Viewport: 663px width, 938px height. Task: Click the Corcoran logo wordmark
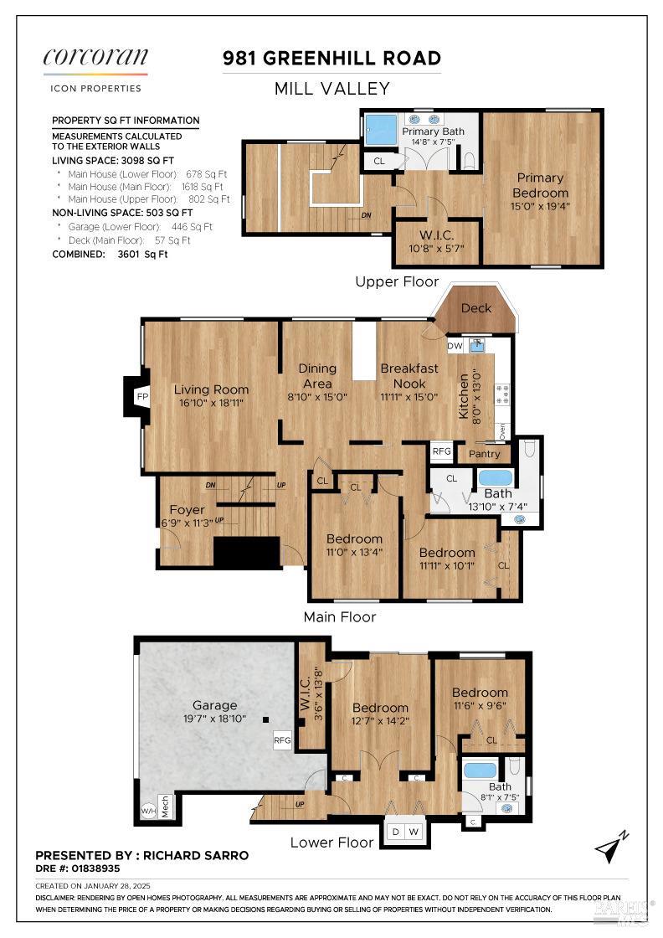coord(95,58)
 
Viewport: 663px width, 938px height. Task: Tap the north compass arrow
coord(611,848)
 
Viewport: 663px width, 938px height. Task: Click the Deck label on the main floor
coord(476,308)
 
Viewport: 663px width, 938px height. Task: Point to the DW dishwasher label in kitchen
coord(455,346)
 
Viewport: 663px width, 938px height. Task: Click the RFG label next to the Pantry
coord(442,451)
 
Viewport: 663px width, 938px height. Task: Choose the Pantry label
coord(485,454)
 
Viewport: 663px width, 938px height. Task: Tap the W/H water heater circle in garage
coord(148,811)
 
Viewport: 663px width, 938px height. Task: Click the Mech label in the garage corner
coord(166,806)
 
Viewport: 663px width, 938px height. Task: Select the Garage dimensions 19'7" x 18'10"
coord(214,719)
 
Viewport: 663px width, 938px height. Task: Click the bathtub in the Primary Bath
coord(381,129)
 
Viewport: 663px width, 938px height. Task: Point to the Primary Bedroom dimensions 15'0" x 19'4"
coord(540,207)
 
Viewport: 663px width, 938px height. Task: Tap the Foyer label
coord(187,510)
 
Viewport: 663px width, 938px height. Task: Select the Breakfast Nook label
coord(409,375)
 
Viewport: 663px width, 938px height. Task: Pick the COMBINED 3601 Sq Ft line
coord(110,254)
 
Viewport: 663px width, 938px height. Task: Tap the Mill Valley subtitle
coord(331,88)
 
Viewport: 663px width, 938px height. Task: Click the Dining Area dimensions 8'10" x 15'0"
coord(317,397)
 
